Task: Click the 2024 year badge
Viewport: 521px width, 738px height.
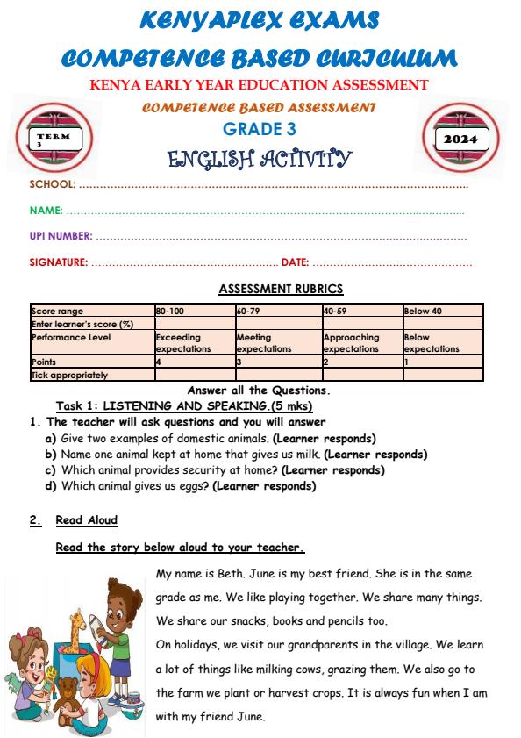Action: point(460,140)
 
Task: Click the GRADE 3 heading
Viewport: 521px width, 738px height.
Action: point(260,128)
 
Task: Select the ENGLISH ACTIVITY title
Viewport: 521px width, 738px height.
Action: point(259,159)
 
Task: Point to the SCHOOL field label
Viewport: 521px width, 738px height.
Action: point(53,185)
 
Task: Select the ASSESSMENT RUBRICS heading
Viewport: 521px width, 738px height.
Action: point(281,289)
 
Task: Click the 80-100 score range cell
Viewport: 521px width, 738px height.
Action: point(170,312)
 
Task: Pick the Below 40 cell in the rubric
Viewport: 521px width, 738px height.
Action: point(422,312)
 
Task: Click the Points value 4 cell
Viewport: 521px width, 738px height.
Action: point(158,362)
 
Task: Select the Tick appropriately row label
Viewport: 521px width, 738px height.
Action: point(69,375)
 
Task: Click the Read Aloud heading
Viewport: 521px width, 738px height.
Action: point(86,520)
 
